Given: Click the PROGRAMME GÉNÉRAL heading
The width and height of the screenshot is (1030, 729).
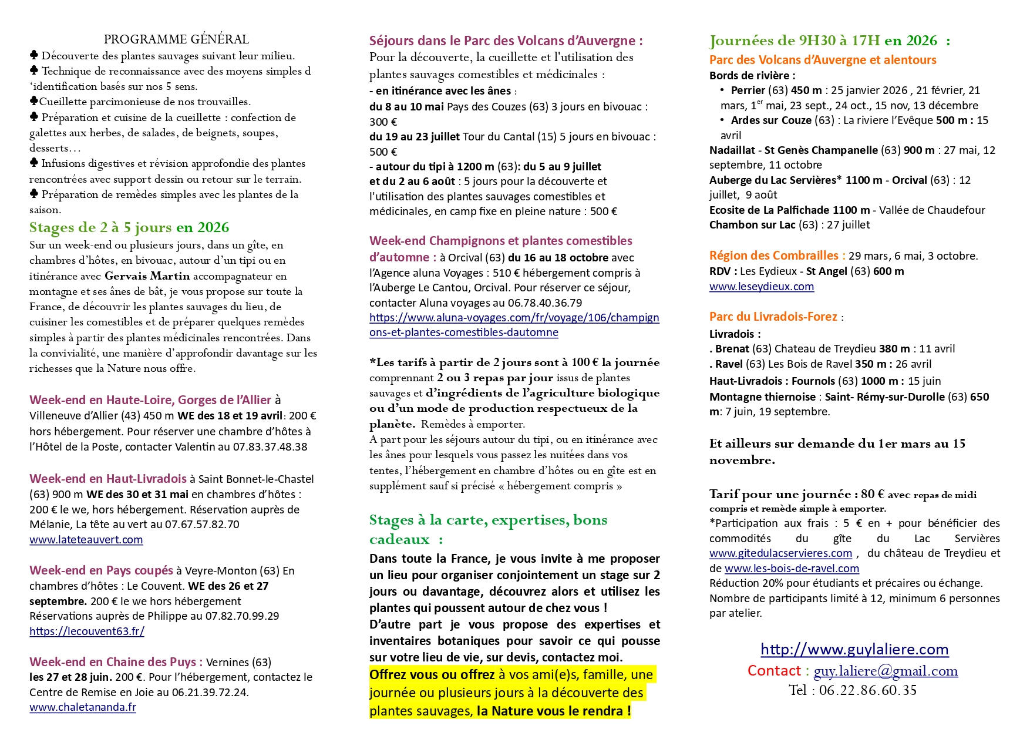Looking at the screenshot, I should point(176,39).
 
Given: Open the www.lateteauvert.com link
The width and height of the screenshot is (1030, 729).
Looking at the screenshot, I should point(86,539).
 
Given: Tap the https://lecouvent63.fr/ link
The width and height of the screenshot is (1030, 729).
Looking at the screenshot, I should point(87,631).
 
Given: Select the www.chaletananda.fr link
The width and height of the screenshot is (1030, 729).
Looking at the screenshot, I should point(83,707).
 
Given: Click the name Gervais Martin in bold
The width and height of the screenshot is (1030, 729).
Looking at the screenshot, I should point(147,276).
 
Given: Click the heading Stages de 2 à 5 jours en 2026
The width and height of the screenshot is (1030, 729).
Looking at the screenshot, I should point(129,227).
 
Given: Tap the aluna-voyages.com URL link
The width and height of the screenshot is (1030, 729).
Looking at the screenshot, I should point(514,325).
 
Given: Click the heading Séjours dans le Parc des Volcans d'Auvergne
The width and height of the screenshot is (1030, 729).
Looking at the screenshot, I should point(506,41).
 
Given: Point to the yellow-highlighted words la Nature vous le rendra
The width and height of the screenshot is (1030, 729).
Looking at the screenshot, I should point(554,711).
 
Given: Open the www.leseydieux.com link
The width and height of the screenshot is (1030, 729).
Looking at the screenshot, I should point(762,287).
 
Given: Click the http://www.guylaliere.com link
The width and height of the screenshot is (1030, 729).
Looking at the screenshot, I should point(854,649).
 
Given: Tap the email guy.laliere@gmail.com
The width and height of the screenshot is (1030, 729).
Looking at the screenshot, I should point(886,671).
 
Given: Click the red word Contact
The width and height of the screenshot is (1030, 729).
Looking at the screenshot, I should point(774,671).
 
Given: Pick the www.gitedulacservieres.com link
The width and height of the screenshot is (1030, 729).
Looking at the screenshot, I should point(780,553).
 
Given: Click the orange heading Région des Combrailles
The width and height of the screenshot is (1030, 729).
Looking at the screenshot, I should point(777,256).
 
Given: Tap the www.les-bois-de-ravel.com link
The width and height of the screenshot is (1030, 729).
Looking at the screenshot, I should point(792,569).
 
